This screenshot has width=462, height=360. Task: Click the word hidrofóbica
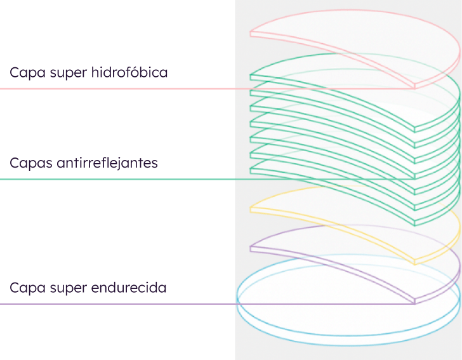(129, 72)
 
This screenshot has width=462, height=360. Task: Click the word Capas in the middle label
(28, 163)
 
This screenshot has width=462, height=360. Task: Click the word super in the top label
(70, 72)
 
